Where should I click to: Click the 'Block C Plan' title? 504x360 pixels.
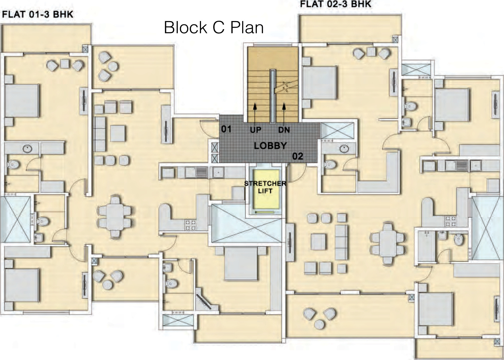(214, 27)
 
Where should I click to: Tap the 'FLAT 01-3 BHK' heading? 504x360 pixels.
(38, 15)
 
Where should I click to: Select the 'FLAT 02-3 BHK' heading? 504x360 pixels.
(336, 4)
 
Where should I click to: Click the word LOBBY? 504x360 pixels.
(270, 146)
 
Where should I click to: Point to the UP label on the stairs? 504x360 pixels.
(255, 130)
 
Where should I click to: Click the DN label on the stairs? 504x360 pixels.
(284, 130)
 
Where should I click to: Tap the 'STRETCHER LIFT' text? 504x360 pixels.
(265, 187)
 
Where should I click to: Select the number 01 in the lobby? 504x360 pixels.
(226, 129)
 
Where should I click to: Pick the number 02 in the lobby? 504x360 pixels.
(297, 156)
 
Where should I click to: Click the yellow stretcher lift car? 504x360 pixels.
(266, 189)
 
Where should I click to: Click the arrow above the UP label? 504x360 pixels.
(255, 114)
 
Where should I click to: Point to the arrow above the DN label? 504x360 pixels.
(284, 114)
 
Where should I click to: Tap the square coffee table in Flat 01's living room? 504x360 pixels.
(118, 133)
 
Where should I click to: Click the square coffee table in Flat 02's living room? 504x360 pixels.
(319, 242)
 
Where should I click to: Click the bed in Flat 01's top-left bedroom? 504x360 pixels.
(22, 101)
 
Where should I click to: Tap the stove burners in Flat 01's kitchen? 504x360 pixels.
(190, 225)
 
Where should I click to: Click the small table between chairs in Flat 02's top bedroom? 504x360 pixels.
(371, 52)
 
